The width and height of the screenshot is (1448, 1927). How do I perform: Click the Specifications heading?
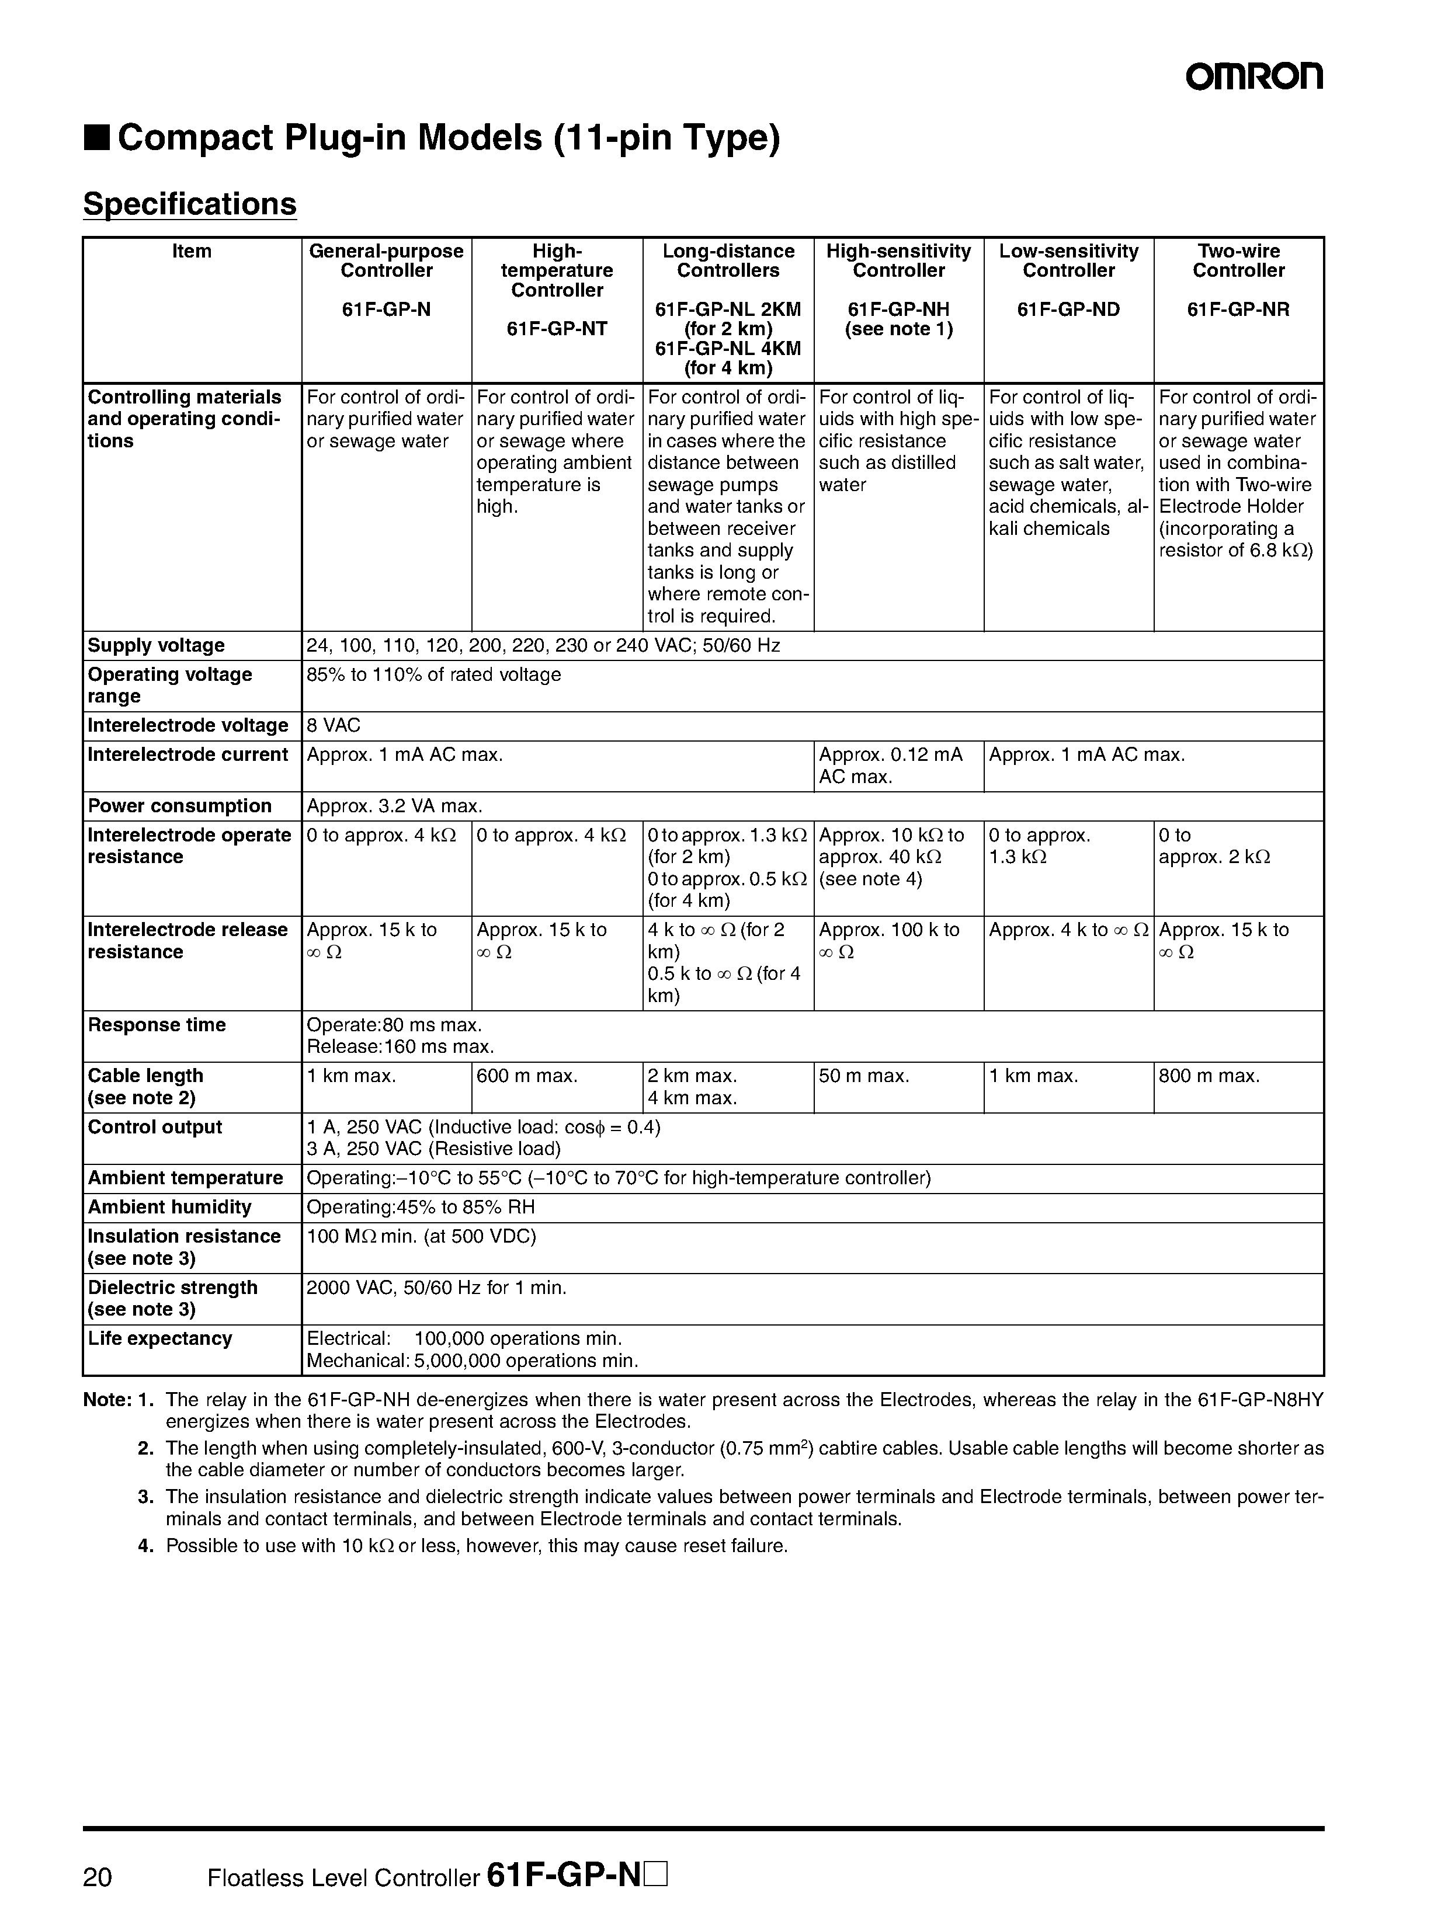(189, 204)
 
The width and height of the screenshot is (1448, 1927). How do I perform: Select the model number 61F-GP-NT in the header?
(557, 329)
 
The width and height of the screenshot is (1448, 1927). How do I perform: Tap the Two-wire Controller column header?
(1238, 260)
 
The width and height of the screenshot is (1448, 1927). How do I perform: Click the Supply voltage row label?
(156, 645)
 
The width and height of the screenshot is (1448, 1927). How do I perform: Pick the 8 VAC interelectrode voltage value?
(334, 726)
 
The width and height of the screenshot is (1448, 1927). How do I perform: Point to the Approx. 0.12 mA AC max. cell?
(890, 765)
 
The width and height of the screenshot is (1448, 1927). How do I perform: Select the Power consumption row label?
(179, 806)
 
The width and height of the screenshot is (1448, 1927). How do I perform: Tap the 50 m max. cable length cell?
(864, 1076)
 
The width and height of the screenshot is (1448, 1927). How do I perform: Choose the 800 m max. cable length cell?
(1209, 1076)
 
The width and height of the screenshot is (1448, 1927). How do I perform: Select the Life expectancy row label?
(160, 1338)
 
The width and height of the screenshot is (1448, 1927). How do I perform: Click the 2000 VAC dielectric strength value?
(436, 1288)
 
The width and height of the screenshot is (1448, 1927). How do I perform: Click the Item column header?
(192, 252)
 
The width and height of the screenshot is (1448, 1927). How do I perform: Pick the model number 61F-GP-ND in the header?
(1068, 310)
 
